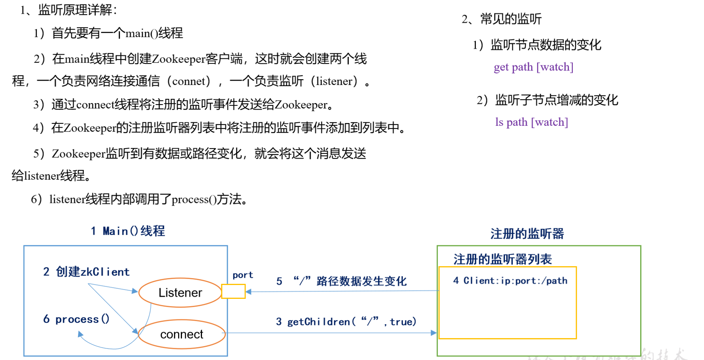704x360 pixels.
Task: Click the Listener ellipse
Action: point(180,293)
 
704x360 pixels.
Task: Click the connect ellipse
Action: point(182,334)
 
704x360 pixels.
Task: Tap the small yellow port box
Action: point(234,291)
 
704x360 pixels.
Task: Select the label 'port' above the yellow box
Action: point(243,275)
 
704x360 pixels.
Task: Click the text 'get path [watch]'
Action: point(534,67)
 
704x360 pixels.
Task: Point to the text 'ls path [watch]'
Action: point(532,122)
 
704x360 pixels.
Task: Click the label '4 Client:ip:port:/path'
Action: point(510,281)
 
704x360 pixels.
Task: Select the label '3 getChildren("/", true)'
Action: point(346,322)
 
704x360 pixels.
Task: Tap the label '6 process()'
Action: point(76,319)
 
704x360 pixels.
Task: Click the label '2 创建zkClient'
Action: point(86,272)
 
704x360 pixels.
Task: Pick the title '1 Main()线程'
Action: point(128,231)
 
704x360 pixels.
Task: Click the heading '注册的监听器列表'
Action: point(502,259)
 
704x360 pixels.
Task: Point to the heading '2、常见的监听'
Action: point(502,19)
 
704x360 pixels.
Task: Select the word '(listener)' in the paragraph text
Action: point(334,81)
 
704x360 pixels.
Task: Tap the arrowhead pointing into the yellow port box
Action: point(249,292)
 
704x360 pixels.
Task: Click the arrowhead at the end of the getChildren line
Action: point(434,333)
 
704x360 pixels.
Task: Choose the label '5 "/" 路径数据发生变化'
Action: point(341,281)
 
